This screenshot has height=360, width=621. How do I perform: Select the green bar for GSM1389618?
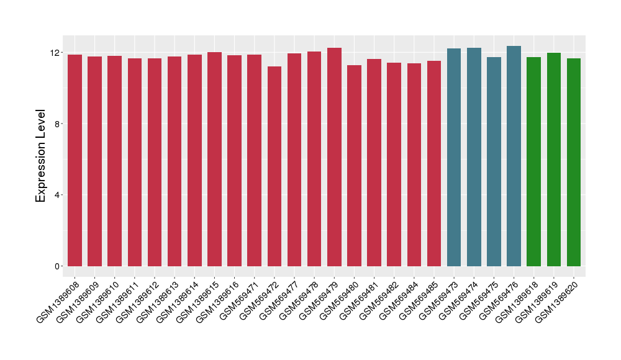click(x=533, y=161)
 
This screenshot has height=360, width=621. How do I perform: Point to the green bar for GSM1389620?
click(x=574, y=162)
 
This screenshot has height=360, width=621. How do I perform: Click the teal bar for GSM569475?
click(x=494, y=161)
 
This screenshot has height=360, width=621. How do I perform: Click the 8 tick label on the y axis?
click(x=57, y=124)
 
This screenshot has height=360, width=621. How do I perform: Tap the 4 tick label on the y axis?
click(x=57, y=195)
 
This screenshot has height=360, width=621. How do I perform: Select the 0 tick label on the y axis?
click(x=57, y=266)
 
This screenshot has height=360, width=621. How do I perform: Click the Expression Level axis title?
click(x=41, y=156)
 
